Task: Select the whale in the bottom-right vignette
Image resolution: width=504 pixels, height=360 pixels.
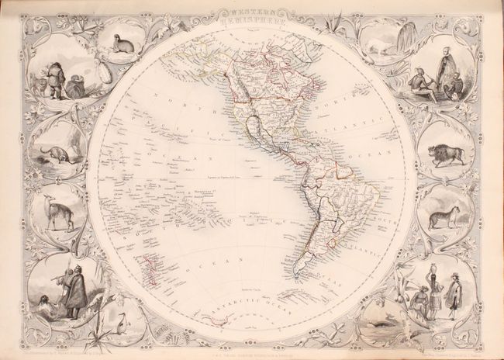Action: coord(375,314)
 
